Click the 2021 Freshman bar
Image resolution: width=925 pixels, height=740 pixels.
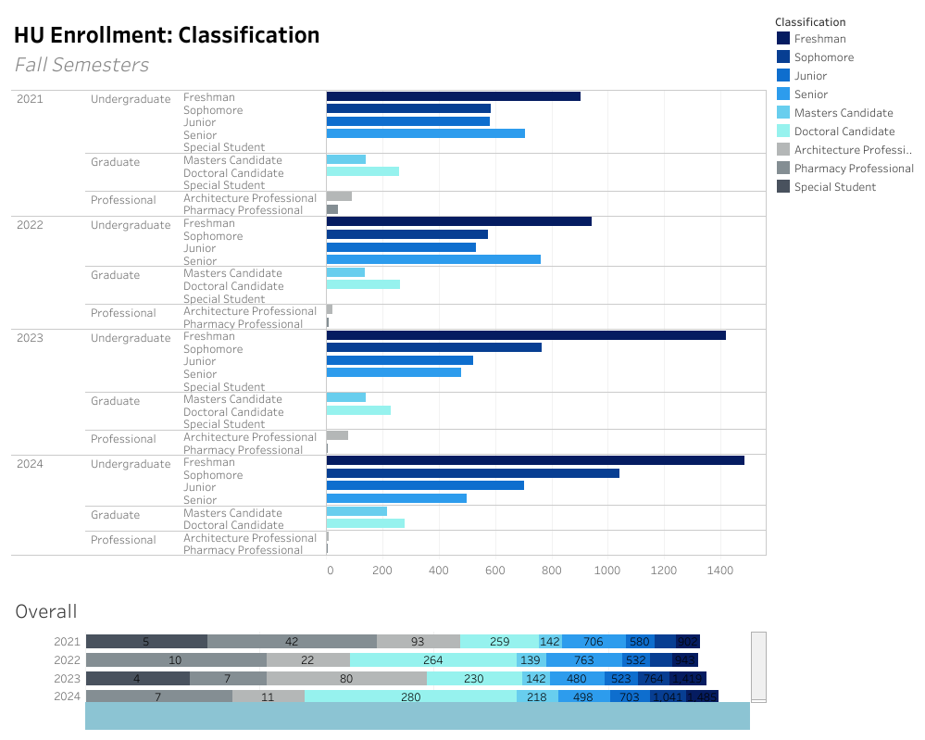454,96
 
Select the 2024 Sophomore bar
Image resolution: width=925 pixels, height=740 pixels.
472,473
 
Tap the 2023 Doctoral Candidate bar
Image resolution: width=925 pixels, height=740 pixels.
358,410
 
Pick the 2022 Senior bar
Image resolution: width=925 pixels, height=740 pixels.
433,259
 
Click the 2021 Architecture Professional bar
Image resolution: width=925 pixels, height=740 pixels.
339,196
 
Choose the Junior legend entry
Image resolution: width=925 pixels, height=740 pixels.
810,76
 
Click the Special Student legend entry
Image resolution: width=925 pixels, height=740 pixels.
834,187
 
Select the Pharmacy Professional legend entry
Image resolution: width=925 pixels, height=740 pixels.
853,169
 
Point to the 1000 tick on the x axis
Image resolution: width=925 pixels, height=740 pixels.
608,571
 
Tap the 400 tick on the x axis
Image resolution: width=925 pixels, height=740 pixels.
439,571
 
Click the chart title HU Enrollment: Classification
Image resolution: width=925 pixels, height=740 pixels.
167,35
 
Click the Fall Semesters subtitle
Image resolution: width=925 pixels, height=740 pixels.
81,65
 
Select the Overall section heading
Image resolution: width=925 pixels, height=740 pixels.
46,611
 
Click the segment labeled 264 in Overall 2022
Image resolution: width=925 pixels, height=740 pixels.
432,660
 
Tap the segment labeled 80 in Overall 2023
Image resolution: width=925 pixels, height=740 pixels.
346,678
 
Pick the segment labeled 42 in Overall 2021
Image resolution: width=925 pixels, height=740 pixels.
292,642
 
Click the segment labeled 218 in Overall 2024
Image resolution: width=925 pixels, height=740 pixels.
537,696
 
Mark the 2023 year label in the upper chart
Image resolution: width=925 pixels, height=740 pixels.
30,338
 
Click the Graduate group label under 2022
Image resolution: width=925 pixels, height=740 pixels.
115,275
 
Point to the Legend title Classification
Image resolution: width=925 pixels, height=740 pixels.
810,21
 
